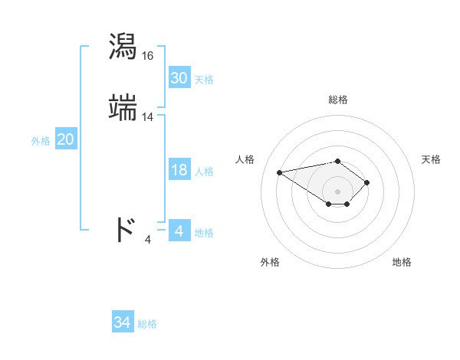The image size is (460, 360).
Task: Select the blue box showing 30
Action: point(179,78)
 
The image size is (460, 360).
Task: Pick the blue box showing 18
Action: point(179,171)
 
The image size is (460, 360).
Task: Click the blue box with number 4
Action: point(179,231)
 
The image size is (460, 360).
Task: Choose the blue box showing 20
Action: point(66,139)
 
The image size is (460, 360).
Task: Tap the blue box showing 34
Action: point(123,323)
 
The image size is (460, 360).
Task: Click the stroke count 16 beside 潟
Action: point(148,56)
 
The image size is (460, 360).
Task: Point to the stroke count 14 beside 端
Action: point(148,117)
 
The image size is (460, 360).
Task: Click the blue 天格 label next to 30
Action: point(204,80)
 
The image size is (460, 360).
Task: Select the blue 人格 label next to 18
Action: point(204,172)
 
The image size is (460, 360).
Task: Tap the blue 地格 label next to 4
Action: point(204,233)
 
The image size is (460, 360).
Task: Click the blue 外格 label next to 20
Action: point(41,141)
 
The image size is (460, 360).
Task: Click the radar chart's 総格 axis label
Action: point(338,100)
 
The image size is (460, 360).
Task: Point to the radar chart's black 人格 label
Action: point(245,159)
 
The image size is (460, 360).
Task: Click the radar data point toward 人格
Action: point(280,172)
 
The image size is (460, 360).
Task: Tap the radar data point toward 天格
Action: point(367,182)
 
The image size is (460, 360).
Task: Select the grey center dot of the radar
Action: point(337,191)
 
